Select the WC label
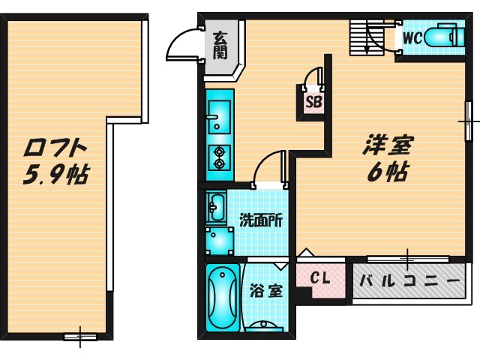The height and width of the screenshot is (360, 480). [412, 37]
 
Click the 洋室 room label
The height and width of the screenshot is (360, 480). [389, 145]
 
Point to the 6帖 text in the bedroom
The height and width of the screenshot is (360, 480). [388, 172]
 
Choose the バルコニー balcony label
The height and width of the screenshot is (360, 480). [409, 283]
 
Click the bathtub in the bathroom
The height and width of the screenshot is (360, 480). [222, 297]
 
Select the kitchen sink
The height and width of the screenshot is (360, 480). [219, 116]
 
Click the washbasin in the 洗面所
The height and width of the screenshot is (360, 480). [216, 207]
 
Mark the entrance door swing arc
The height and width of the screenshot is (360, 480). [181, 46]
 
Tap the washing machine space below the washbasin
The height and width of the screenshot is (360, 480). [219, 240]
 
